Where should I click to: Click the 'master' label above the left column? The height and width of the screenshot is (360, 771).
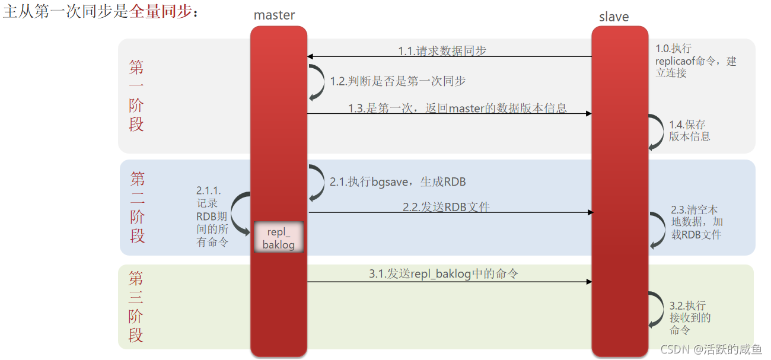tap(274, 15)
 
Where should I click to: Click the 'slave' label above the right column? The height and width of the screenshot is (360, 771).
tap(614, 17)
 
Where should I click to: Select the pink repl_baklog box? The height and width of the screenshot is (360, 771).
tap(278, 237)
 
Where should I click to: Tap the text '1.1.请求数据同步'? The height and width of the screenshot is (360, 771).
tap(442, 51)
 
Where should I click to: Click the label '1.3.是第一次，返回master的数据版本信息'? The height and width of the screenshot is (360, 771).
tap(457, 108)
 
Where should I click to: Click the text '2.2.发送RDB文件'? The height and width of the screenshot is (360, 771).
tap(446, 206)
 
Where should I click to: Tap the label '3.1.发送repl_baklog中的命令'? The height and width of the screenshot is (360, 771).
tap(444, 273)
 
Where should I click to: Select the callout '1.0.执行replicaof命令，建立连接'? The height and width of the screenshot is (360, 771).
tap(695, 60)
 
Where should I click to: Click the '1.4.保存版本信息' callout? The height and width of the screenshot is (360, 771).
tap(689, 130)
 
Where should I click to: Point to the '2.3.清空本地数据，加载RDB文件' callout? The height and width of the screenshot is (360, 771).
tap(697, 222)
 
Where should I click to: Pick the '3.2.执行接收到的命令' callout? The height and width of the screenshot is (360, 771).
tap(690, 317)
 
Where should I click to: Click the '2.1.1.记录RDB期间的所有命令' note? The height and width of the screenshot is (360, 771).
tap(212, 216)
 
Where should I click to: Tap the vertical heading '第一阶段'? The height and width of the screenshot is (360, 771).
tap(136, 95)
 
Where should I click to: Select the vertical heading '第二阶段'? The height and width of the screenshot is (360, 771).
tap(138, 207)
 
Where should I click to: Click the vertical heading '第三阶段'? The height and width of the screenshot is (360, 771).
tap(136, 307)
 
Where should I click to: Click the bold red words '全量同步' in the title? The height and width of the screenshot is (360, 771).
tap(161, 11)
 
